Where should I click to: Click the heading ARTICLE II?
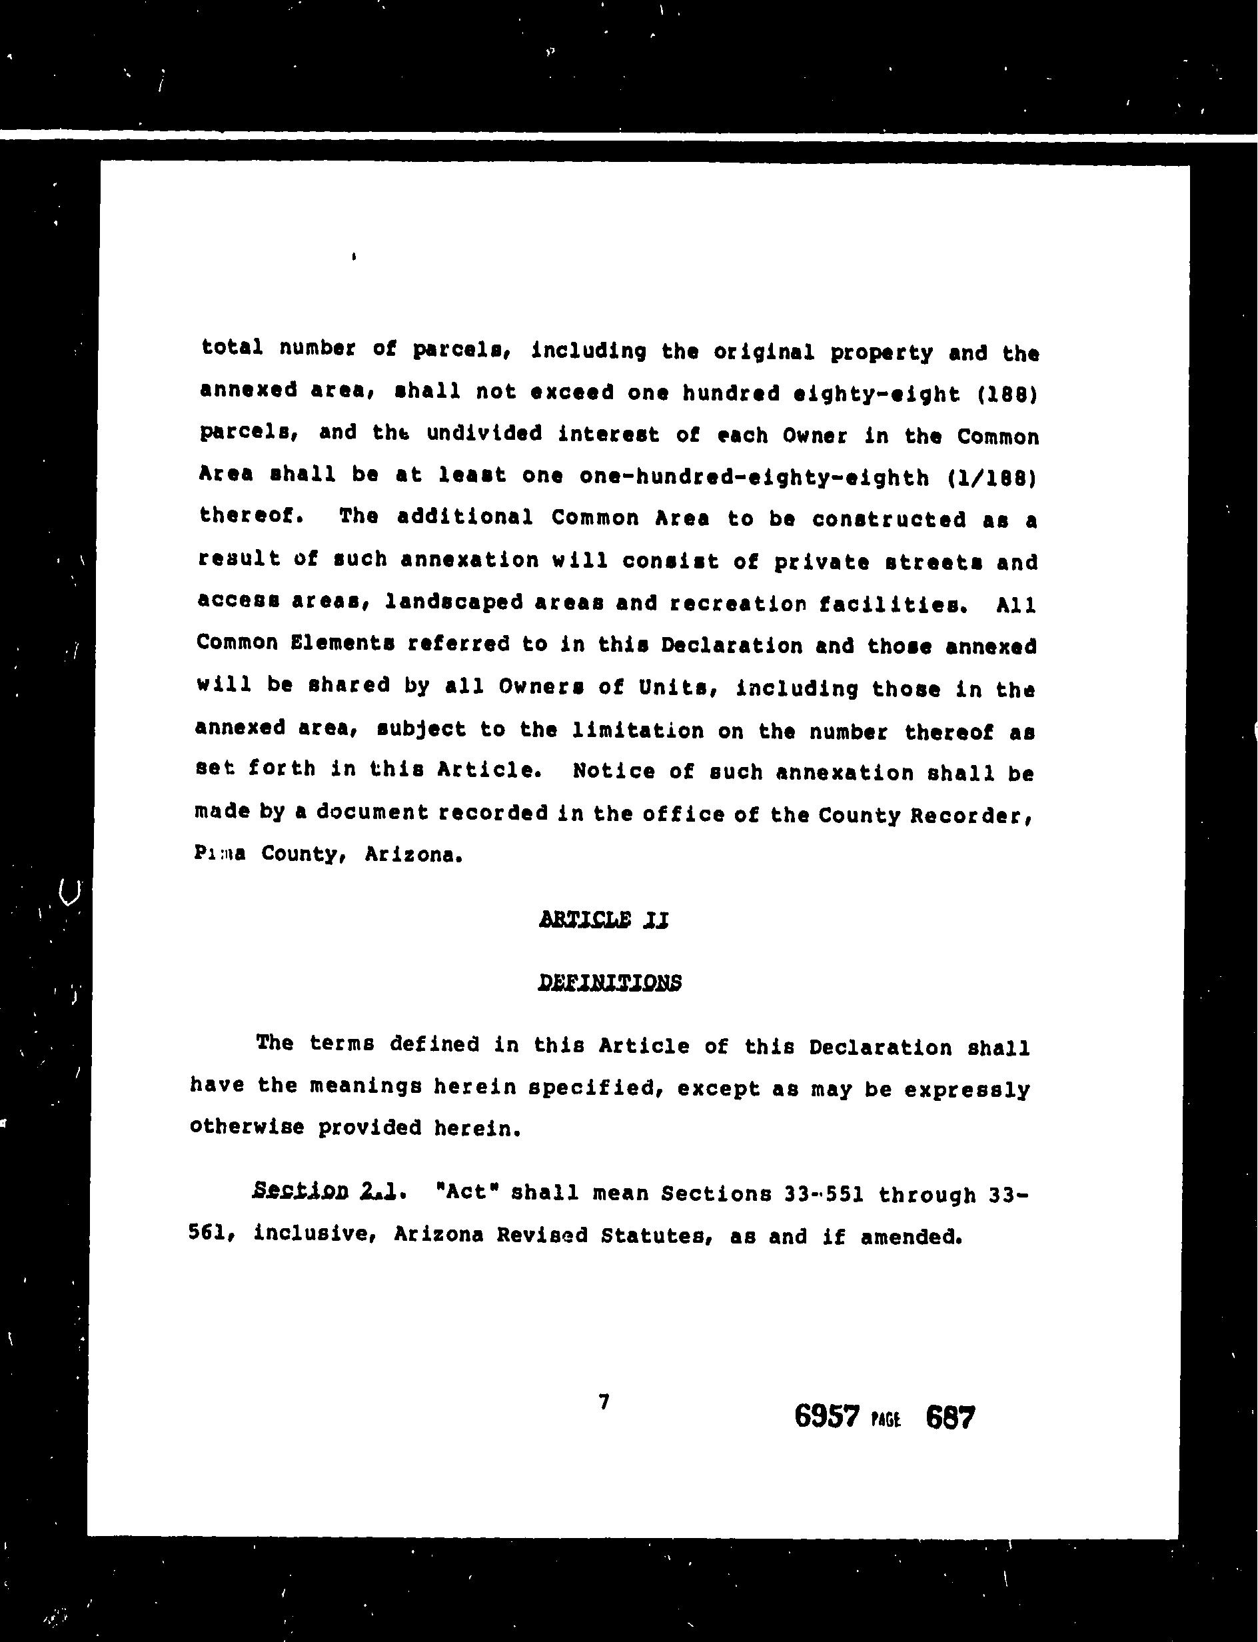tap(603, 920)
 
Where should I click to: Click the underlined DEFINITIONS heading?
tap(610, 982)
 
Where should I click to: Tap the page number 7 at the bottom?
tap(604, 1401)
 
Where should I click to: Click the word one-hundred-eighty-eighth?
tap(754, 476)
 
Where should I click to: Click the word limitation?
tap(637, 730)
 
